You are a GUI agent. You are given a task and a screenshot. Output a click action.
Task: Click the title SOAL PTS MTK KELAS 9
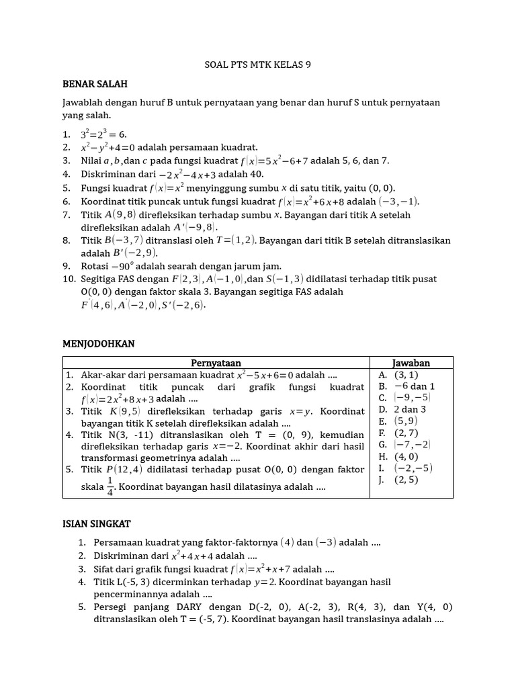coord(257,64)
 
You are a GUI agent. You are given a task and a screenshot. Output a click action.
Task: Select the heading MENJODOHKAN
coord(98,343)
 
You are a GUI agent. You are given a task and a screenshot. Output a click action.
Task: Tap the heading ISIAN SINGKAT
coord(97,522)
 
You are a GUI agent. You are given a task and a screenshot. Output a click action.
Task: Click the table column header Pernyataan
coord(216,363)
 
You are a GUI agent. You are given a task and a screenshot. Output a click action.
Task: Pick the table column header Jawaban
coord(411,363)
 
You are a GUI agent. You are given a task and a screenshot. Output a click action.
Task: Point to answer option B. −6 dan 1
coord(406,386)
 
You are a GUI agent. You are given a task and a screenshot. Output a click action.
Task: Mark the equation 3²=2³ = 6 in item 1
coord(103,134)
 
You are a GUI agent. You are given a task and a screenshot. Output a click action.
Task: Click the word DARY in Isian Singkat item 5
coord(187,606)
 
